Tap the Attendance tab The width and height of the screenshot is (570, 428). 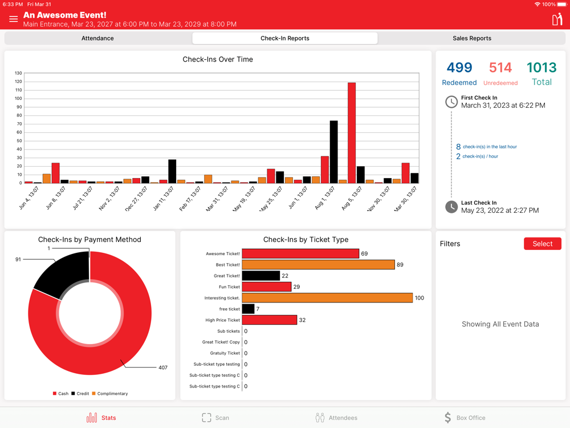coord(97,38)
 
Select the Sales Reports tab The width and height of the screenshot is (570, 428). coord(471,38)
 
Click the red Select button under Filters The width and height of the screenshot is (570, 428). coord(542,244)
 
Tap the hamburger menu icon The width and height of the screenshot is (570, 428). coord(13,19)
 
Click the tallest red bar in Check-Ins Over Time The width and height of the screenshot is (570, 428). coord(352,133)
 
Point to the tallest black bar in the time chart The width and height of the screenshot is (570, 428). coord(333,152)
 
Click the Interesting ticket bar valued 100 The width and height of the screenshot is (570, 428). coord(327,298)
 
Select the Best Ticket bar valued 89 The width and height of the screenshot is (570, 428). coord(318,265)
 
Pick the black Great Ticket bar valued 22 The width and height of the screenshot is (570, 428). coord(261,276)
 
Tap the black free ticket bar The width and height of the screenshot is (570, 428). coord(248,309)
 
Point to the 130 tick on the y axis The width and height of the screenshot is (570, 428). coord(18,73)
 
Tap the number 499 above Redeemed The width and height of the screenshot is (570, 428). coord(459,67)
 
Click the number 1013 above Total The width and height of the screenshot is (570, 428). coord(541,67)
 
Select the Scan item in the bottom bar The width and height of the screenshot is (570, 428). coord(215,418)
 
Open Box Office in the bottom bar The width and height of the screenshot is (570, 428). coord(465,418)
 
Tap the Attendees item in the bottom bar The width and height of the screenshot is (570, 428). coord(336,418)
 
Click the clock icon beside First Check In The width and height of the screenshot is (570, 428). coord(451,102)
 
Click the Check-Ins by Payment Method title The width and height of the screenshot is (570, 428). coord(89,240)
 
